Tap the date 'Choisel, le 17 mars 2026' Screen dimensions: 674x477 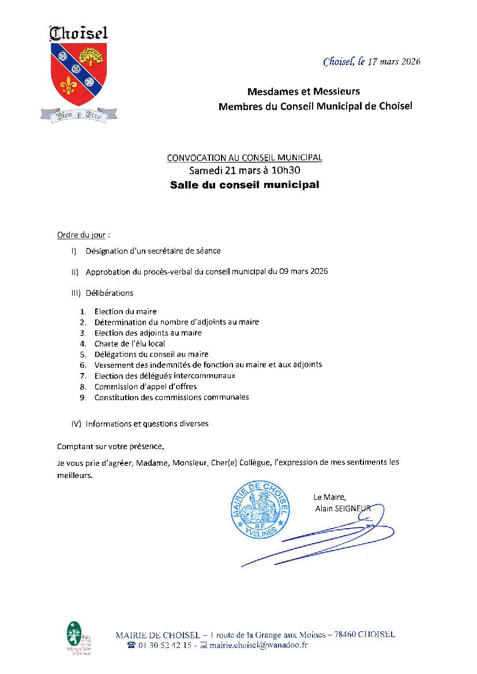point(371,62)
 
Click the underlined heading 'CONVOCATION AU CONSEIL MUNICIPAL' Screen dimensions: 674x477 point(245,157)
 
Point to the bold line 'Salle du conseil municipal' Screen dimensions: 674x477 point(245,185)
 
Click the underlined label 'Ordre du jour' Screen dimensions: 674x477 point(81,235)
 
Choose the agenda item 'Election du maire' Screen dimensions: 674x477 point(126,312)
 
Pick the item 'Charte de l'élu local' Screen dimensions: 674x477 point(130,344)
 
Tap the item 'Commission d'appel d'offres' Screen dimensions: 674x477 point(146,386)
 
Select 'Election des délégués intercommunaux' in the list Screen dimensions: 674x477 point(165,375)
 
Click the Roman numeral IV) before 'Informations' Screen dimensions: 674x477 point(76,424)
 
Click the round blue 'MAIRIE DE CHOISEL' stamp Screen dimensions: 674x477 point(259,507)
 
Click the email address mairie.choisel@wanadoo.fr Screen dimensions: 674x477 point(258,645)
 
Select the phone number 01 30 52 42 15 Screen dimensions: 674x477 point(164,645)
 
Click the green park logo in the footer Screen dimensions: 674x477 point(75,637)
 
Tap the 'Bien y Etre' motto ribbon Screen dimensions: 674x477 point(78,115)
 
